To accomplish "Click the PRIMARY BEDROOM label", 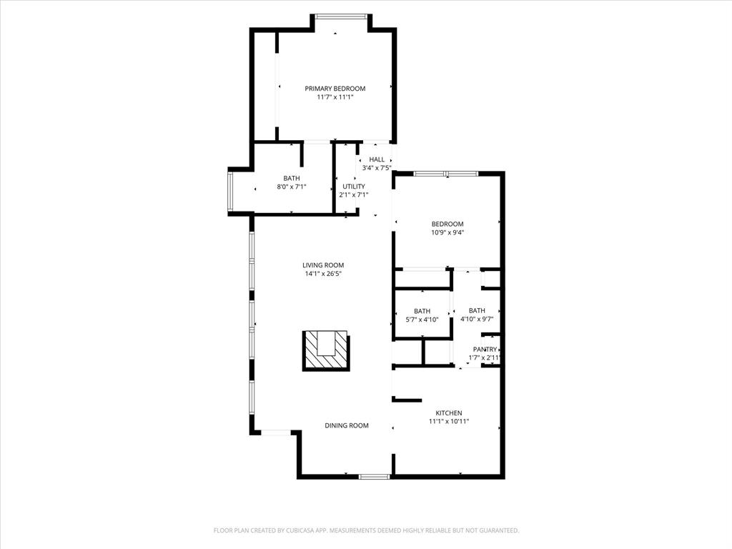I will pyautogui.click(x=335, y=89).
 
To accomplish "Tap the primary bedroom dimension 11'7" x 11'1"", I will pyautogui.click(x=335, y=97).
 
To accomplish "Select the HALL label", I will pyautogui.click(x=377, y=159).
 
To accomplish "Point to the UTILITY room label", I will pyautogui.click(x=353, y=187).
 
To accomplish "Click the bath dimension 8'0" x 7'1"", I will pyautogui.click(x=292, y=187).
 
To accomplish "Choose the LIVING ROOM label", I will pyautogui.click(x=322, y=265).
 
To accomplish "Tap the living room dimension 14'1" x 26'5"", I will pyautogui.click(x=322, y=274).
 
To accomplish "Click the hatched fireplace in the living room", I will pyautogui.click(x=327, y=350).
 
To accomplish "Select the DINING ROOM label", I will pyautogui.click(x=347, y=425).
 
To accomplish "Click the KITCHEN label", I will pyautogui.click(x=449, y=413).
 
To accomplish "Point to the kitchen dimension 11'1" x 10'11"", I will pyautogui.click(x=449, y=422).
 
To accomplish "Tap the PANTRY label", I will pyautogui.click(x=485, y=350).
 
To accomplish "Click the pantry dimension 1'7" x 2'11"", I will pyautogui.click(x=485, y=358).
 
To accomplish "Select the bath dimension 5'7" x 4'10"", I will pyautogui.click(x=422, y=320).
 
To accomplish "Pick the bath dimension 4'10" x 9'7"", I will pyautogui.click(x=477, y=320).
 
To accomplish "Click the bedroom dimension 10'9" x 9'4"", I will pyautogui.click(x=447, y=232).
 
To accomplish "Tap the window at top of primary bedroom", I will pyautogui.click(x=341, y=16).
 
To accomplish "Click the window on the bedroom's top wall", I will pyautogui.click(x=446, y=173).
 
